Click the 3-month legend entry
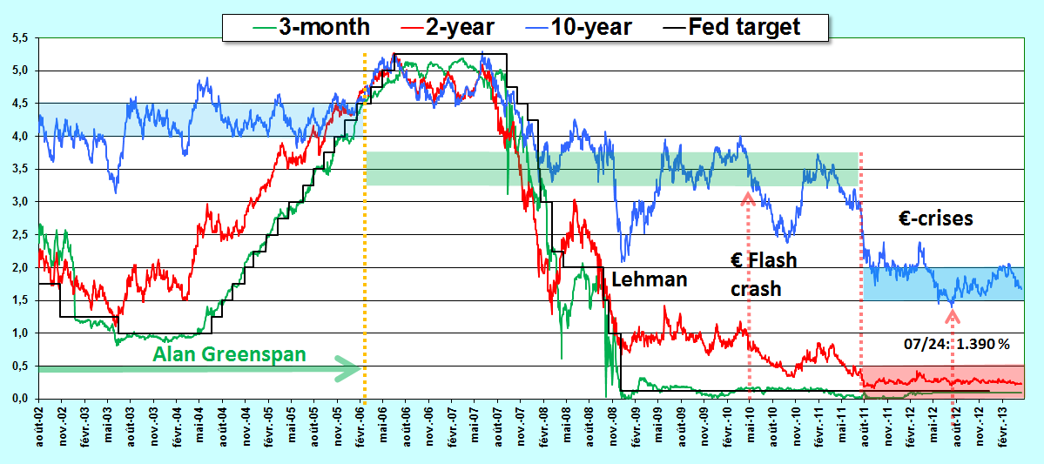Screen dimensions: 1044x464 (313, 27)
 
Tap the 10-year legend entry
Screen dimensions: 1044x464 (584, 27)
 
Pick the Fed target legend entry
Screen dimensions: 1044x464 (744, 27)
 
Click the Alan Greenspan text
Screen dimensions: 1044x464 (229, 354)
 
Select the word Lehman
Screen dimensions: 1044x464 (649, 279)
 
